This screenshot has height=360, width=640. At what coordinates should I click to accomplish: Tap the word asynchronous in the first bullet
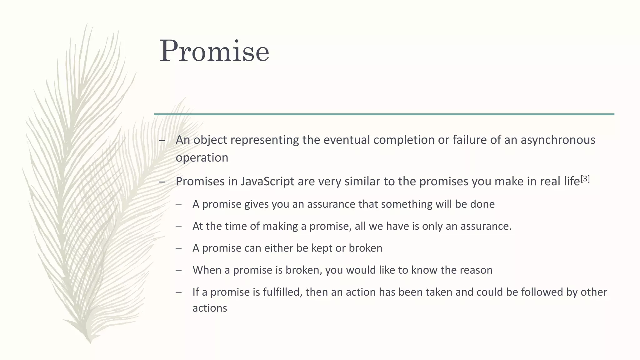tap(558, 140)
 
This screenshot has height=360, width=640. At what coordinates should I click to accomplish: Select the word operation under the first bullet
tap(202, 157)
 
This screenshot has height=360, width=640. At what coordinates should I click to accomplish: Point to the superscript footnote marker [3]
tap(585, 179)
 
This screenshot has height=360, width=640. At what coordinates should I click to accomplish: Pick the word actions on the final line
tap(210, 308)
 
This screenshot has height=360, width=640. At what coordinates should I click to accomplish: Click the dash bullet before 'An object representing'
tap(162, 140)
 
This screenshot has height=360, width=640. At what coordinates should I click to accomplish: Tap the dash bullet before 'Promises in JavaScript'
tap(162, 182)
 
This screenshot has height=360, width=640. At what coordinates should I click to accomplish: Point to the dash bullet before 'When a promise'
tap(178, 270)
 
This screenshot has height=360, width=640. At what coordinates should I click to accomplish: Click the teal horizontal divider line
tap(384, 114)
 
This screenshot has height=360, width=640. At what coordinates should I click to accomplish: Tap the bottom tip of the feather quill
tap(90, 342)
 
